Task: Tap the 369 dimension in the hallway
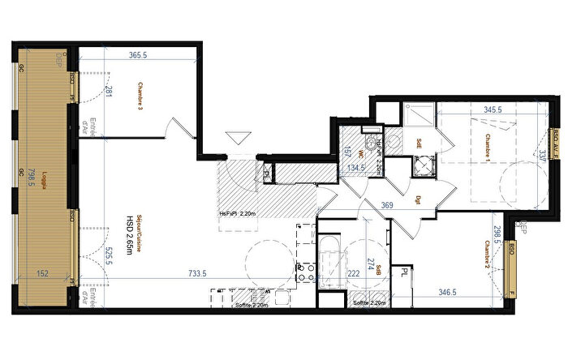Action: click(x=387, y=206)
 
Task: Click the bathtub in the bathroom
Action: click(x=330, y=255)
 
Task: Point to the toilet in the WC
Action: click(x=372, y=146)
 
